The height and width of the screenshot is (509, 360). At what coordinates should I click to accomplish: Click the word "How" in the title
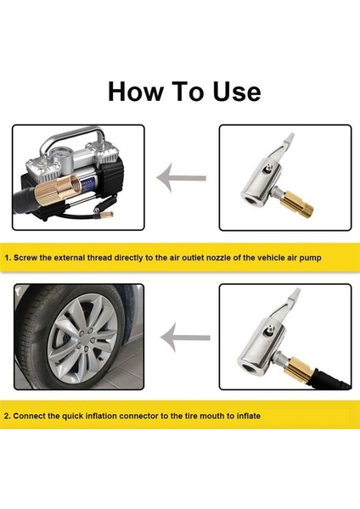tap(136, 92)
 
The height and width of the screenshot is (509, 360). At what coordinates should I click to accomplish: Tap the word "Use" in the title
tap(237, 92)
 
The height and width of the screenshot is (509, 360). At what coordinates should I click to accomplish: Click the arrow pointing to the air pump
tap(182, 178)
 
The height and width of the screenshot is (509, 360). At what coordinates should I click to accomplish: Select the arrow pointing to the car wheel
tap(185, 338)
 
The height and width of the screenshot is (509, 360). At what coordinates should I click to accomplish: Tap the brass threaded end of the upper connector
tap(299, 204)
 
